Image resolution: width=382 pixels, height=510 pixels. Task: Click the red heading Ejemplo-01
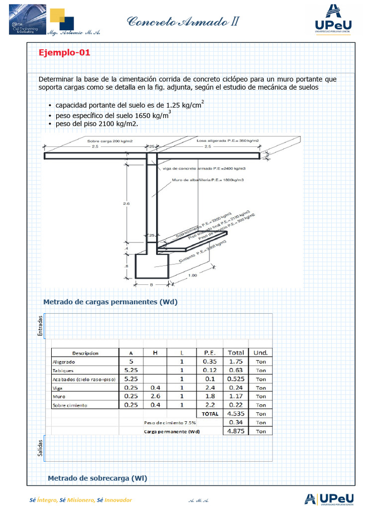click(65, 53)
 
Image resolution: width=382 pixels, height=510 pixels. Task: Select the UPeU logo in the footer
click(330, 500)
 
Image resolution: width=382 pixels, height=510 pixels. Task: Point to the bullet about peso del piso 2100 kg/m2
click(96, 124)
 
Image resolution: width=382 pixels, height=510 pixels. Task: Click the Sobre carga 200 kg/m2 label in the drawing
click(110, 141)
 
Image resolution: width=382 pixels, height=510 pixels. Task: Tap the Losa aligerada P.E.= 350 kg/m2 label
click(227, 141)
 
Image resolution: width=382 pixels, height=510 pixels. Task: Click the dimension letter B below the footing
click(151, 285)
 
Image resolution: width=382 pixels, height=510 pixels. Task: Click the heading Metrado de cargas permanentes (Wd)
click(110, 302)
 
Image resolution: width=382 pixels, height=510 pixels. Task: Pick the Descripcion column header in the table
click(85, 353)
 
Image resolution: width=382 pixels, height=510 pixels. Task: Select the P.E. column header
click(209, 353)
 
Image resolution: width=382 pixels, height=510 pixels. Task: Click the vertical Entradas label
click(40, 326)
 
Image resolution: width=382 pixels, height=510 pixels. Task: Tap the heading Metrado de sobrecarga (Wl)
click(97, 478)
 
